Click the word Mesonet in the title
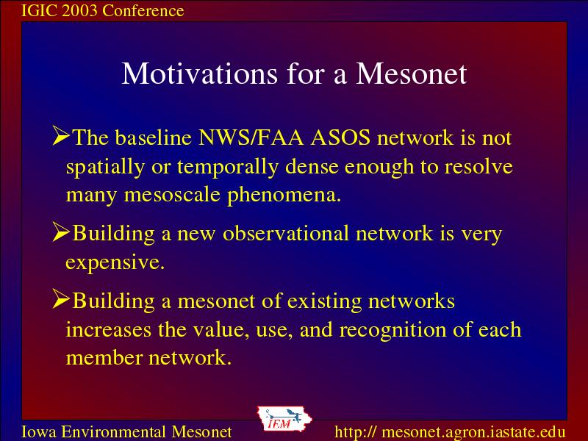click(411, 73)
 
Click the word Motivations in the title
click(199, 73)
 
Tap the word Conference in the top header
click(143, 10)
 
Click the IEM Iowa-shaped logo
click(284, 418)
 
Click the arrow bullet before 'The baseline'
click(61, 135)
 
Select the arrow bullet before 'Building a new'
click(61, 232)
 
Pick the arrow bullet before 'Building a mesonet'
click(61, 299)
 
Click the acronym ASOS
click(340, 137)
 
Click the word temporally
click(228, 168)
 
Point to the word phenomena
click(284, 196)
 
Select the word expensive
click(115, 262)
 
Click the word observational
click(286, 233)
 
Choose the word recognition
click(392, 330)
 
